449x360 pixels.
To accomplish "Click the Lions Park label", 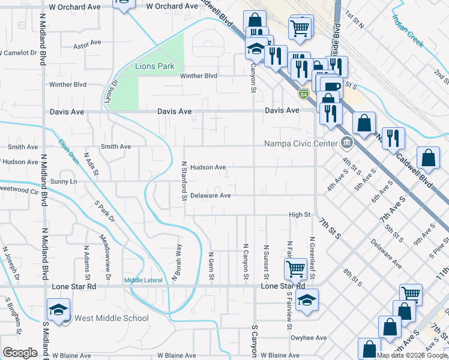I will [154, 66].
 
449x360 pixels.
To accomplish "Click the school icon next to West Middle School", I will [58, 310].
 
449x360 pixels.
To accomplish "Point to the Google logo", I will [20, 353].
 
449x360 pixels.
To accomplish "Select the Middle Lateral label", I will [143, 280].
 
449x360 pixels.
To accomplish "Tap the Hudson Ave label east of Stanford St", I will [208, 167].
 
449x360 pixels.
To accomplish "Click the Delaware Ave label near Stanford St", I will [211, 196].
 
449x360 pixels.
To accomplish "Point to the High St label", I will [299, 214].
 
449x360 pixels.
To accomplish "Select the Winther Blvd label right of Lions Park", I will [199, 76].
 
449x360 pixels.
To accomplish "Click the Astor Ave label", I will [86, 44].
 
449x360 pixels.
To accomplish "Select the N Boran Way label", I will [176, 262].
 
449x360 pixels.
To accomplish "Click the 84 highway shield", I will [305, 94].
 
